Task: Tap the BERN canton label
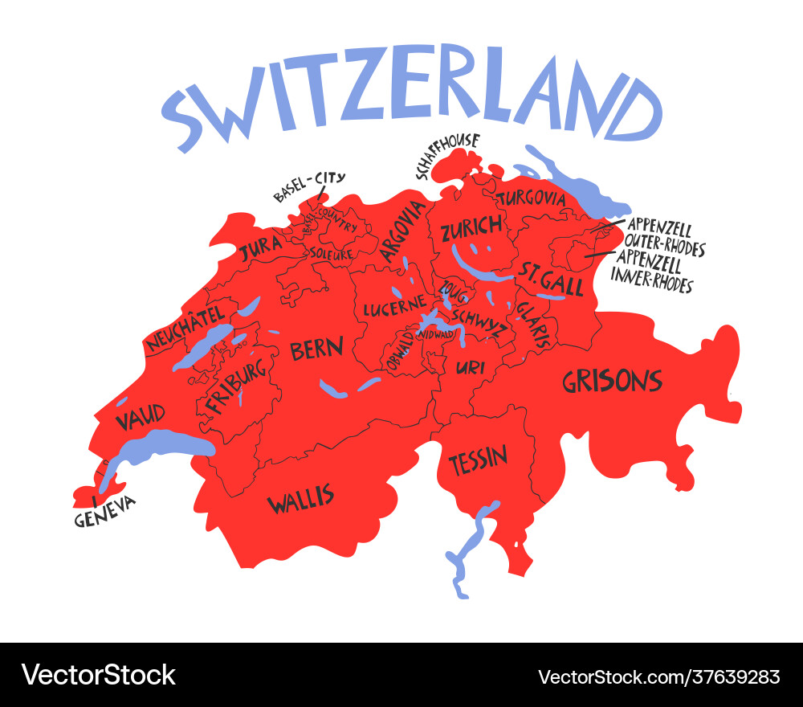[316, 349]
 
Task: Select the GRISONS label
[612, 381]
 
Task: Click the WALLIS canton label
[300, 500]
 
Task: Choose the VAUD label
[141, 417]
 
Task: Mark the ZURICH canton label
[471, 228]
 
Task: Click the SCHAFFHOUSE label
[446, 155]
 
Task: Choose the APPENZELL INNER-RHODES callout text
[652, 273]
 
